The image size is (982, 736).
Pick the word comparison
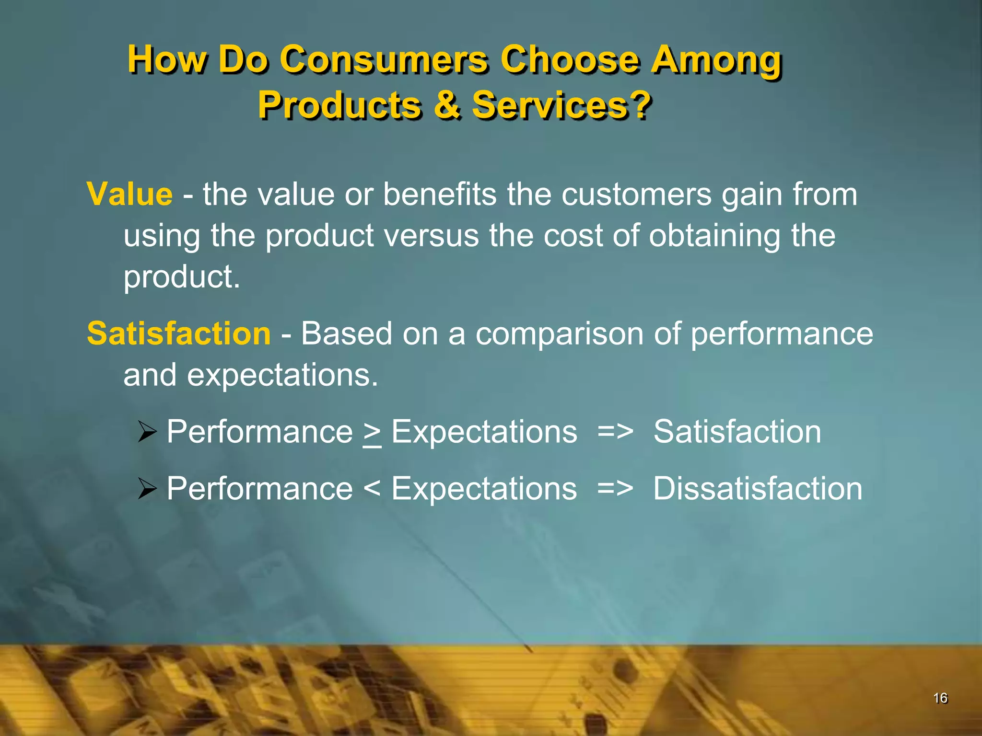tap(559, 334)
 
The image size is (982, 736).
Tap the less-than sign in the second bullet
tap(372, 489)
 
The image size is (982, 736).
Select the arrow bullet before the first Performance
tap(147, 432)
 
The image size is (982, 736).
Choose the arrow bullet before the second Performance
tap(147, 489)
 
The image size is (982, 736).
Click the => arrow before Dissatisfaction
tap(615, 489)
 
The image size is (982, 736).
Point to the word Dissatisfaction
tap(758, 489)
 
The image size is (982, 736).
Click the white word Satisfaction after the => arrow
tap(737, 432)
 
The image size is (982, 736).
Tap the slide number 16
tap(940, 698)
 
